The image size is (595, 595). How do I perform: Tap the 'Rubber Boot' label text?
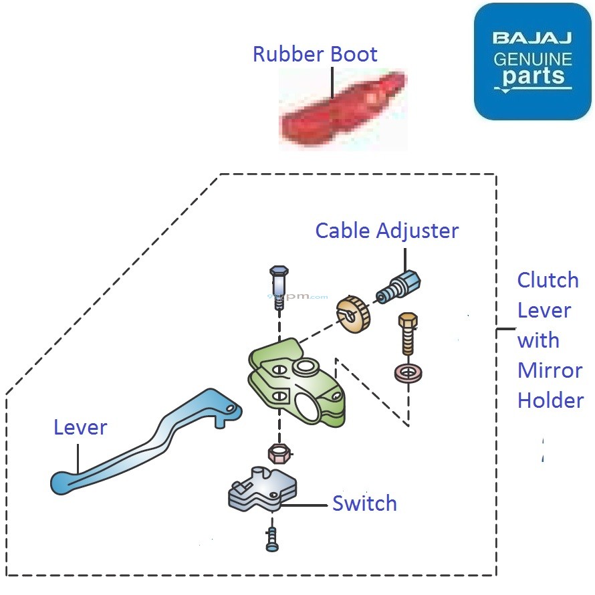[x=315, y=54]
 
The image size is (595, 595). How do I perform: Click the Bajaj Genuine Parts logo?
[x=533, y=62]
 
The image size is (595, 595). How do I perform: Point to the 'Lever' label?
[x=80, y=427]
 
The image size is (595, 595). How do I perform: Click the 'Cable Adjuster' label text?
[x=386, y=231]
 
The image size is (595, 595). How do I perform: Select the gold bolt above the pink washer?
[x=406, y=334]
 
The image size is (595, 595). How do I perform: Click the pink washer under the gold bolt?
[x=408, y=373]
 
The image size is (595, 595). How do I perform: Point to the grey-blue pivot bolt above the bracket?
[x=279, y=287]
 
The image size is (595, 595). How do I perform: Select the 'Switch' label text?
[x=364, y=503]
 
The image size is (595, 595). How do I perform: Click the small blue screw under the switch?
[x=271, y=539]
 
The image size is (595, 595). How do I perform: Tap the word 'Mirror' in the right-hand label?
[x=550, y=370]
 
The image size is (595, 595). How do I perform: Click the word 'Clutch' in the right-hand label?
[x=548, y=280]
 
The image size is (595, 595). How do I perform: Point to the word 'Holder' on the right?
[x=550, y=400]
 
